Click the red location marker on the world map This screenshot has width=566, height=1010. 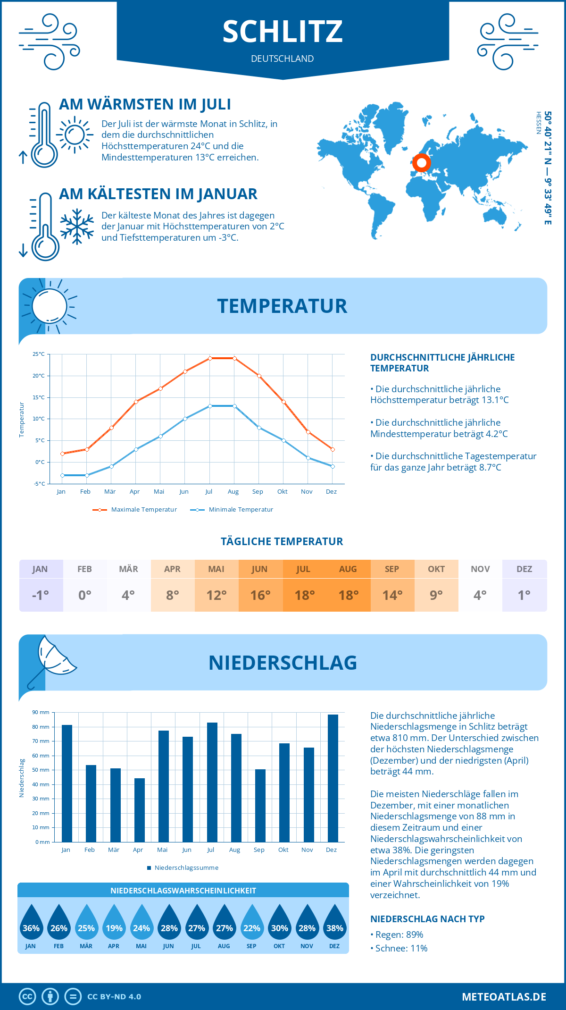[x=421, y=163]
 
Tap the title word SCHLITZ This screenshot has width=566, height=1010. [x=283, y=32]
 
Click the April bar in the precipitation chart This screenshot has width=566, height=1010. [x=140, y=810]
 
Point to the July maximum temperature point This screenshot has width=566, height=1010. [x=210, y=358]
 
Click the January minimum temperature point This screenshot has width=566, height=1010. [x=62, y=475]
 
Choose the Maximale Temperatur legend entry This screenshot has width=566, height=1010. [x=135, y=510]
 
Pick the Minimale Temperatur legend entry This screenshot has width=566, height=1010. [x=232, y=510]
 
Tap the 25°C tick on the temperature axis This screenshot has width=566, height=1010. [x=39, y=354]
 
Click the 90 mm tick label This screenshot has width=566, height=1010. [x=41, y=712]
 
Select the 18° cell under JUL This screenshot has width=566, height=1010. [x=304, y=595]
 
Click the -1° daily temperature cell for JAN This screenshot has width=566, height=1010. [x=41, y=595]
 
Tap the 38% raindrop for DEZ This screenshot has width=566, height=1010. [x=334, y=925]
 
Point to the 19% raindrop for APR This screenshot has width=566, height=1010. [x=114, y=925]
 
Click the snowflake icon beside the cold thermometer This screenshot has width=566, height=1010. [x=77, y=227]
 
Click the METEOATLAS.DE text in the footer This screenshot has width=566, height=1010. [x=504, y=997]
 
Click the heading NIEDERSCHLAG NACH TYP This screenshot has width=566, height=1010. [x=427, y=919]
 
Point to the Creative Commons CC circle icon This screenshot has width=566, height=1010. [x=27, y=997]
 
